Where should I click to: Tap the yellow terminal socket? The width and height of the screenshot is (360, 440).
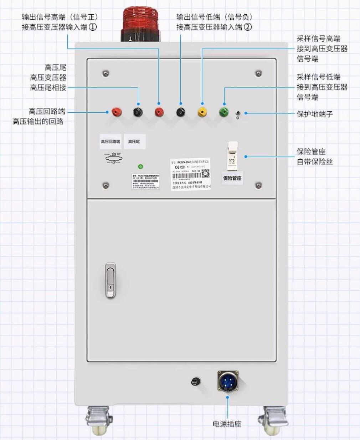[202, 112]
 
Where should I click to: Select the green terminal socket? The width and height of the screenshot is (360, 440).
[223, 112]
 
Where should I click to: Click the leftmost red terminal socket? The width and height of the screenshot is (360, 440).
[116, 112]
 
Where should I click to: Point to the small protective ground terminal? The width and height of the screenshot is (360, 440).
[238, 113]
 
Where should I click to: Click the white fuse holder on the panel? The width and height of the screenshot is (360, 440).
[232, 155]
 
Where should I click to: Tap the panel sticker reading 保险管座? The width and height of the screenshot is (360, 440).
[232, 178]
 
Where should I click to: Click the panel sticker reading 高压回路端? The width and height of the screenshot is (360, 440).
[110, 142]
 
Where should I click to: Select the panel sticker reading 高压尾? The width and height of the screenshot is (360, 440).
[134, 142]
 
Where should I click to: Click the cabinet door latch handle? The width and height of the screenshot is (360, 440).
[110, 280]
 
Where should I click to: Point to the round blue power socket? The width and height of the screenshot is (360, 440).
[228, 381]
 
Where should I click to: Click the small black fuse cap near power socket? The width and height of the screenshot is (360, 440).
[195, 382]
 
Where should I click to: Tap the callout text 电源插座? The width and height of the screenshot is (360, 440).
[227, 424]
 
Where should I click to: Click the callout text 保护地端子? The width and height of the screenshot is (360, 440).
[315, 114]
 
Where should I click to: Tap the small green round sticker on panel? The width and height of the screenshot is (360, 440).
[140, 167]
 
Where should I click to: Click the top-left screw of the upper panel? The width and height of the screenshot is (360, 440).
[106, 73]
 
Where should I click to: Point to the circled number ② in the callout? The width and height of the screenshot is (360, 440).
[248, 27]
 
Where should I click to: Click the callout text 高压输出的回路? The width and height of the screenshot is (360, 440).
[38, 122]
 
